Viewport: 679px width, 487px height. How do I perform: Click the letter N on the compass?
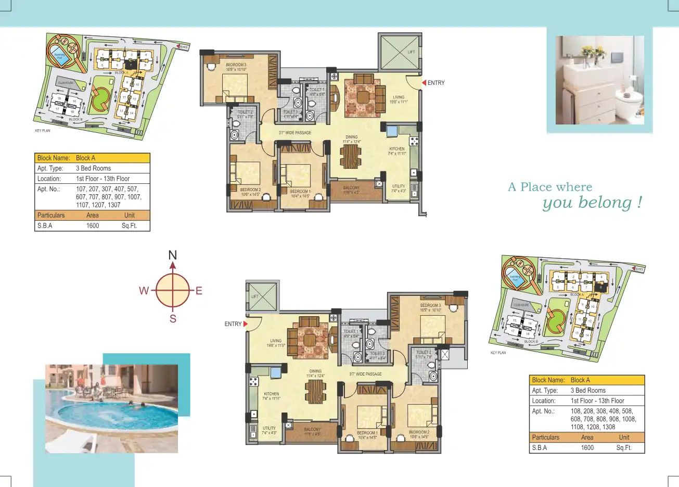click(x=173, y=255)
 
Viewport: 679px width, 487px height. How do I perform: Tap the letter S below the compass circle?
click(x=173, y=319)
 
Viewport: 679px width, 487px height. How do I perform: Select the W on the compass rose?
click(x=144, y=291)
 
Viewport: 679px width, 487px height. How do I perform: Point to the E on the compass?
click(x=199, y=291)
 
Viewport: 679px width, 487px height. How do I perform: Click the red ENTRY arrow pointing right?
click(x=245, y=324)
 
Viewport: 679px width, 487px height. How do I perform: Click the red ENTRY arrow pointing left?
click(x=424, y=83)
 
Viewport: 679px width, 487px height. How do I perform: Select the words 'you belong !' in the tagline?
click(x=592, y=203)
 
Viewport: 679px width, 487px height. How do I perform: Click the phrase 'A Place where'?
click(x=550, y=187)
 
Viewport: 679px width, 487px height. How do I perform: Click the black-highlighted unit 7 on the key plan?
click(x=131, y=64)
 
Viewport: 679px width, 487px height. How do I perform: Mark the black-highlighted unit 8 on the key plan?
click(x=601, y=286)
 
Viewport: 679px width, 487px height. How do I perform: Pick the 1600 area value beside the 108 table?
click(x=587, y=448)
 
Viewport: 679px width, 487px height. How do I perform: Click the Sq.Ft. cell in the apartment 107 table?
click(x=129, y=226)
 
